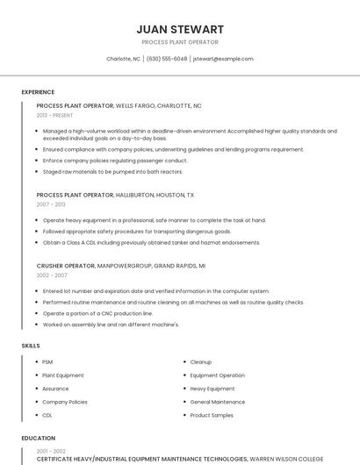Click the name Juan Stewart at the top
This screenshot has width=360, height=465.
click(x=179, y=29)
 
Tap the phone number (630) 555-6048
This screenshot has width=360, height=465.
click(x=166, y=59)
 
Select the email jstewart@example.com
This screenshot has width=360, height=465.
click(x=223, y=59)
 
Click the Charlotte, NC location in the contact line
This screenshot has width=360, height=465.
click(x=123, y=59)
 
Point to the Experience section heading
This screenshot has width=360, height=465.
click(x=38, y=92)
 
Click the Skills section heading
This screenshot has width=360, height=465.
click(x=31, y=346)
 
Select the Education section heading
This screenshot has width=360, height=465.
click(x=39, y=438)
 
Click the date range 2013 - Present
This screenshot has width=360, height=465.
click(x=54, y=115)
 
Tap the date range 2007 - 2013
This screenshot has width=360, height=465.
click(x=51, y=204)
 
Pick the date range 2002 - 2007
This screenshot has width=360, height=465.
click(x=52, y=275)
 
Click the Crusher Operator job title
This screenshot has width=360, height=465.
click(x=66, y=265)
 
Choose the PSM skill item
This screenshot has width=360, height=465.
click(x=47, y=361)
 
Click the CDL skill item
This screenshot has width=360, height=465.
click(x=47, y=415)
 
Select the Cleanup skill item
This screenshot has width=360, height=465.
click(x=201, y=361)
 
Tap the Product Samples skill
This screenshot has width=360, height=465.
click(x=212, y=415)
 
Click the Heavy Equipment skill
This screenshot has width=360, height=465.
click(x=212, y=389)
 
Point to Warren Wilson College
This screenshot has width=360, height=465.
click(x=286, y=458)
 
